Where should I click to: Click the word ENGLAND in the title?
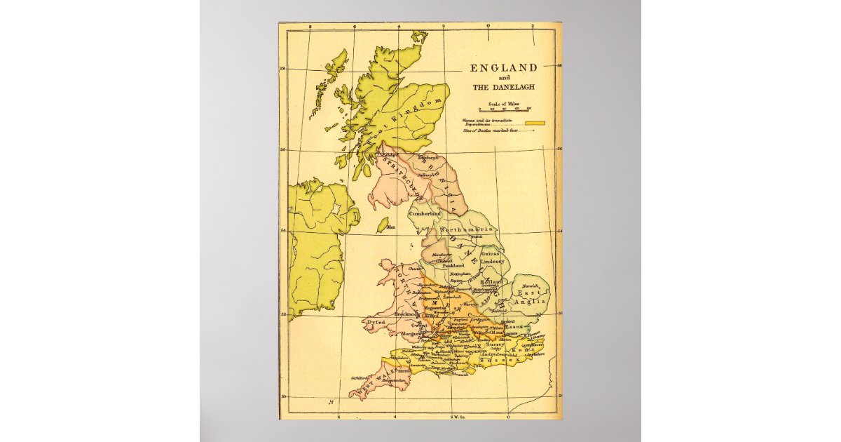tap(503, 68)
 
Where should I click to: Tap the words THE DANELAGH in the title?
tap(503, 88)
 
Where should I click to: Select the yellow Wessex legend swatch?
tap(536, 123)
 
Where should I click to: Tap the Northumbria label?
tap(467, 230)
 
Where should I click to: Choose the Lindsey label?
tap(492, 261)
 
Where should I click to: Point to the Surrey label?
tap(495, 344)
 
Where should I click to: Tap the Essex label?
tap(514, 326)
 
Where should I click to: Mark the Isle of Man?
tap(383, 225)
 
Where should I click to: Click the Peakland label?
tap(453, 266)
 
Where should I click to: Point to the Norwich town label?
tap(531, 286)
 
